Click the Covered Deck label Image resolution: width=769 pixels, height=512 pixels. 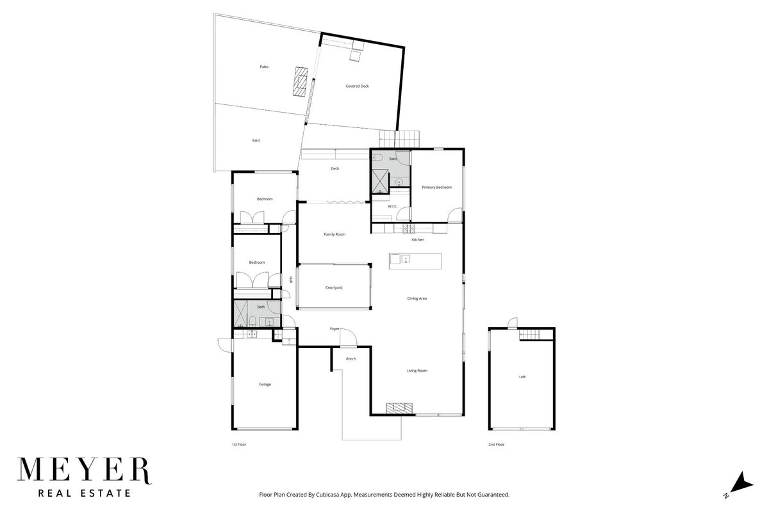(357, 86)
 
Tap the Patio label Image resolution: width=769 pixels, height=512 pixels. (264, 67)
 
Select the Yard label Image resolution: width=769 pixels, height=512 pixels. (256, 140)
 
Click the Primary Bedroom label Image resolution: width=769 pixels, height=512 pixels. (436, 188)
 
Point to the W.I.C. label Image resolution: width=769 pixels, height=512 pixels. (392, 206)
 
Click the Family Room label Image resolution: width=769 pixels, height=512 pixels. (335, 234)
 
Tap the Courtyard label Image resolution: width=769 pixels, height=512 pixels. (334, 287)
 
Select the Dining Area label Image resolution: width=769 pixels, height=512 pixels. (417, 298)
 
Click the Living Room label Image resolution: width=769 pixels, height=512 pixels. (417, 371)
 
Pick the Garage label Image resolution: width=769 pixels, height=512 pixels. (265, 384)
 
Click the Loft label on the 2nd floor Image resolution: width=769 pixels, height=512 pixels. (522, 377)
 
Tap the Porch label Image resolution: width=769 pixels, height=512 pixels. (351, 358)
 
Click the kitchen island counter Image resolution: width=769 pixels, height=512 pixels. (415, 261)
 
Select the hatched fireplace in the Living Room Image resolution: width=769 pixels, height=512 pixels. (399, 408)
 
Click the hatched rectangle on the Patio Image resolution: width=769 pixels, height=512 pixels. (301, 82)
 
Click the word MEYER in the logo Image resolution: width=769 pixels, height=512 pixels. (84, 470)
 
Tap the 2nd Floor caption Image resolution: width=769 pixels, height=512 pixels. (497, 444)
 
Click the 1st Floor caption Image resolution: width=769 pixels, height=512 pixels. (239, 444)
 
